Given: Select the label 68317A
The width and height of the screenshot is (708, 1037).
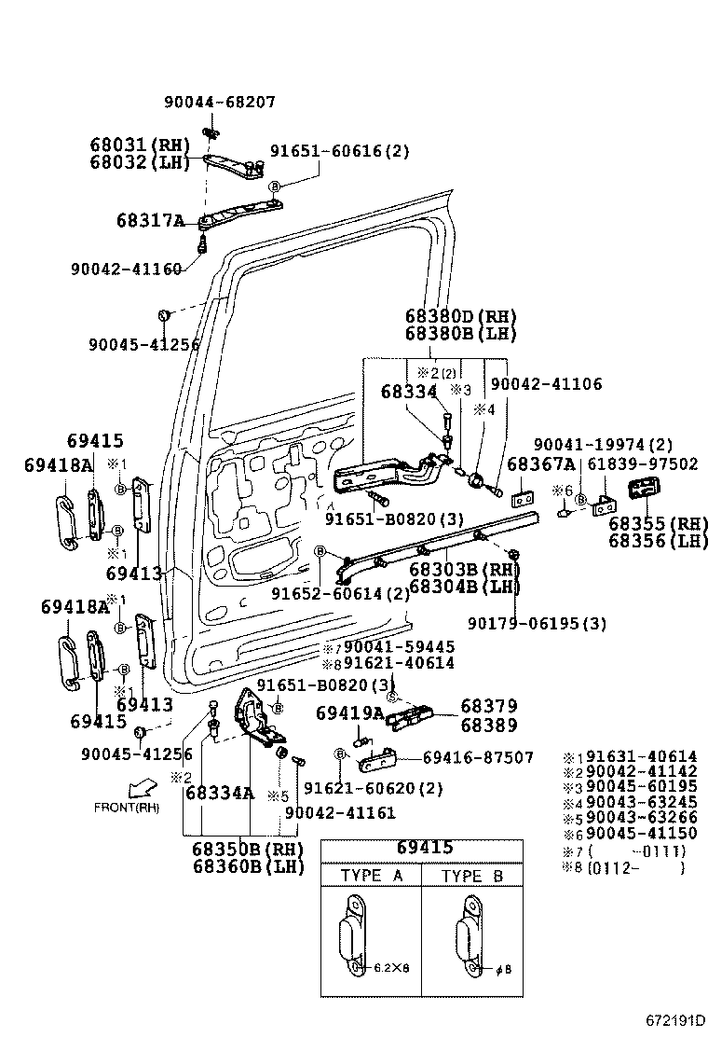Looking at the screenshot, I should (x=150, y=221).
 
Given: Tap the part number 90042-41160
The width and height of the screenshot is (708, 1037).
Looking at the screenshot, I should (x=126, y=270).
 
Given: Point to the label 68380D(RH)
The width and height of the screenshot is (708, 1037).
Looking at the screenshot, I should (x=460, y=317).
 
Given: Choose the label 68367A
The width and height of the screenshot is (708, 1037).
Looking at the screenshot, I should (x=540, y=463).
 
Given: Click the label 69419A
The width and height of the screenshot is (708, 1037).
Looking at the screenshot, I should (x=349, y=713).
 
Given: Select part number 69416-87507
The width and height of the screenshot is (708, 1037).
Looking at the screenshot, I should (x=478, y=758).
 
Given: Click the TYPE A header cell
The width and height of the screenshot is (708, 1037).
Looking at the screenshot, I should (x=372, y=876).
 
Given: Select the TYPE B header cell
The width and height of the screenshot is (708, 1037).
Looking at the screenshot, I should (x=472, y=876).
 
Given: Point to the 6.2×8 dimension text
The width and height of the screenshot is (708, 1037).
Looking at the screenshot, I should (x=392, y=968).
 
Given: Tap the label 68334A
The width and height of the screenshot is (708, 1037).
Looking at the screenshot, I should (x=220, y=794).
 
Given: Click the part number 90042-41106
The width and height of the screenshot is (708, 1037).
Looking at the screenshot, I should (x=546, y=383).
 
